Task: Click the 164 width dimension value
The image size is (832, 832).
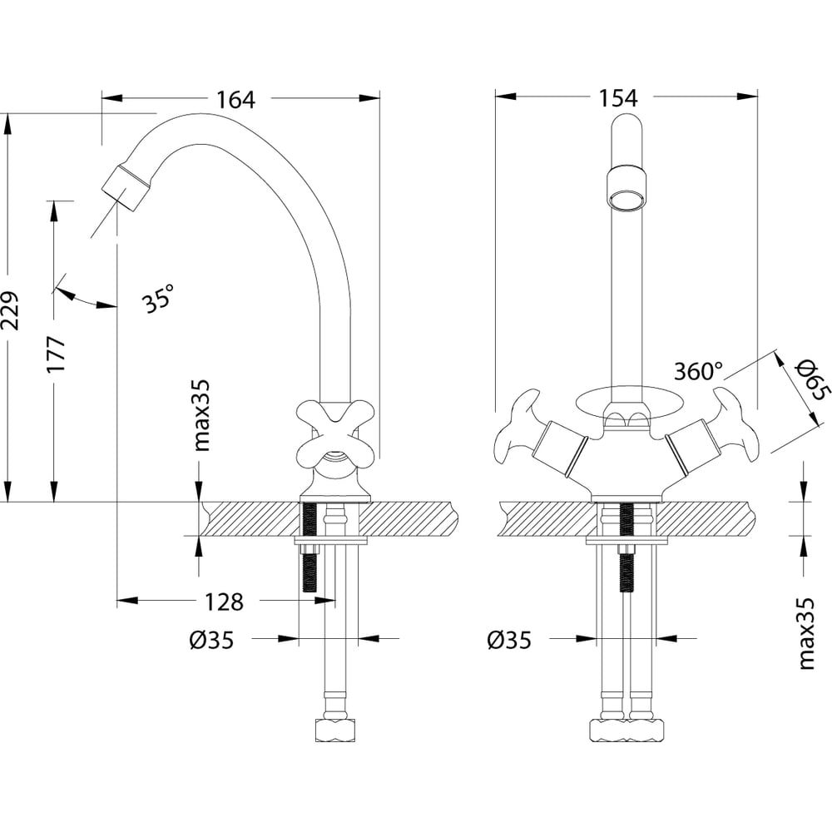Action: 235,99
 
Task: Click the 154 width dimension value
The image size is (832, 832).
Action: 617,98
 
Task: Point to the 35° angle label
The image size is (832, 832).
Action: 159,298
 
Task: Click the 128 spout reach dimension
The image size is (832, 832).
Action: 225,601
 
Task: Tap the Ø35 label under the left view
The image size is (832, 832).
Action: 210,640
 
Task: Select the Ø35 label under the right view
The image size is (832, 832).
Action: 508,640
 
